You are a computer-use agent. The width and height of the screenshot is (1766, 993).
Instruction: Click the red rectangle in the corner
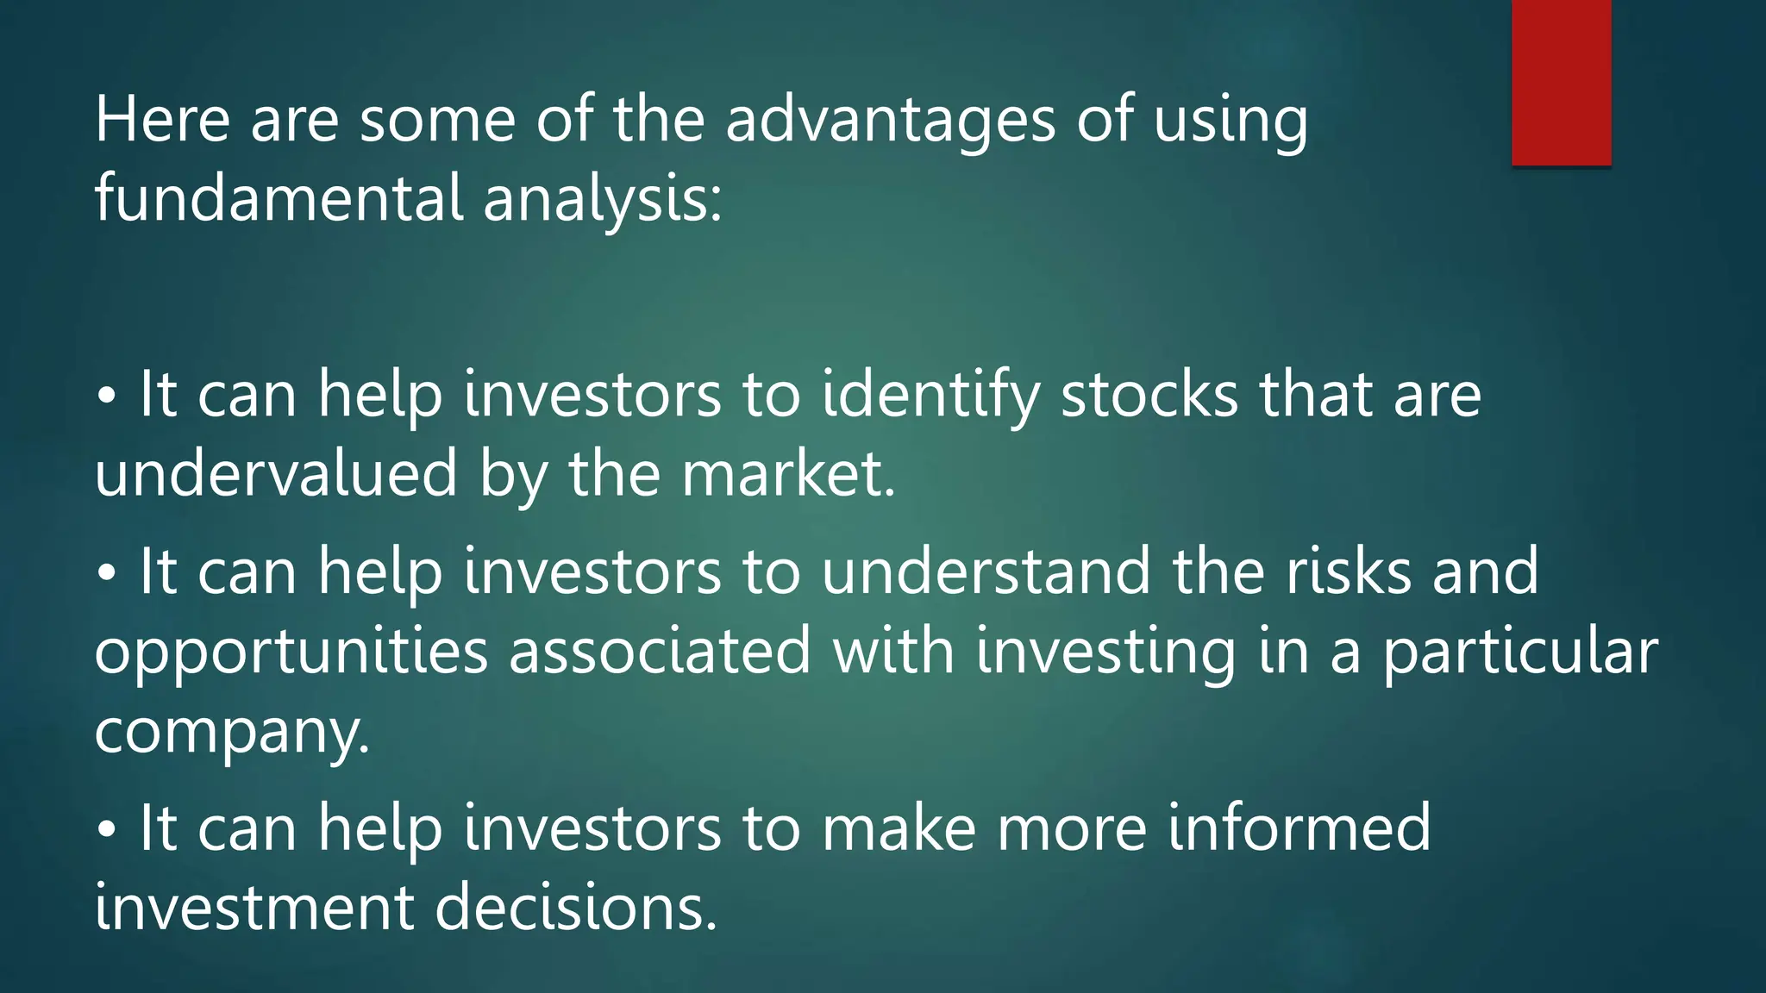(1561, 82)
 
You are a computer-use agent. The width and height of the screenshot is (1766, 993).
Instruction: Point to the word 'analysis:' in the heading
(602, 198)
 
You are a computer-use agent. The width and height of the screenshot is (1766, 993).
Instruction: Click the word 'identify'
(930, 395)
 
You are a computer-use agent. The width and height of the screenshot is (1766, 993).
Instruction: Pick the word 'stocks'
(1149, 395)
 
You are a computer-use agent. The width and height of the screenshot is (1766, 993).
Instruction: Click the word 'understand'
(986, 571)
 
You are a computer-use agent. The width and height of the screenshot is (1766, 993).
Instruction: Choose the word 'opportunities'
(291, 652)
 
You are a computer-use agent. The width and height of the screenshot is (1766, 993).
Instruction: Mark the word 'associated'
(660, 652)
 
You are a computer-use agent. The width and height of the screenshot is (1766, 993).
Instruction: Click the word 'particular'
(1520, 652)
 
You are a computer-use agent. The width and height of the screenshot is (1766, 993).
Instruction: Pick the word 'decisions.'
(576, 908)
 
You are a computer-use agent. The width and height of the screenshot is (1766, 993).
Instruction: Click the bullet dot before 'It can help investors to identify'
(106, 397)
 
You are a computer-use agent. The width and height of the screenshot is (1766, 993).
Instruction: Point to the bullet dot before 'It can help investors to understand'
(106, 572)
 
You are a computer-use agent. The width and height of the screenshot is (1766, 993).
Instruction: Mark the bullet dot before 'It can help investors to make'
(106, 829)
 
